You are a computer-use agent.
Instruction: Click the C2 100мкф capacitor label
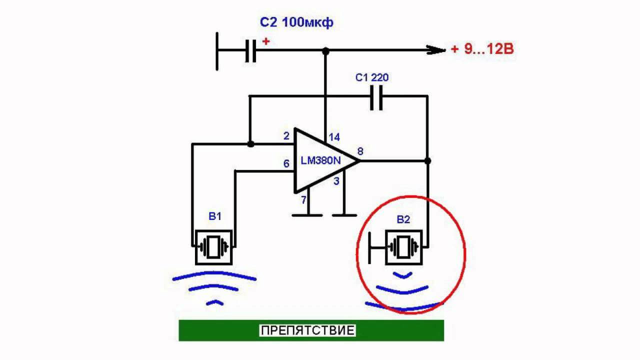[x=296, y=22]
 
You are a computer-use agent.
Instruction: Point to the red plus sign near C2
[x=265, y=41]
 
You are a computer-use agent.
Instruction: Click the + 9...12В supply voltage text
[x=482, y=49]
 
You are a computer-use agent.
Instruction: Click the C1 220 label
[x=372, y=77]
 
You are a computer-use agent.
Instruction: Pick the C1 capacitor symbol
[x=376, y=97]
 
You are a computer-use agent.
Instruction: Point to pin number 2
[x=286, y=136]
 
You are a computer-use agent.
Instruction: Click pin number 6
[x=286, y=163]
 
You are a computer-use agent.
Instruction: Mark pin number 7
[x=302, y=200]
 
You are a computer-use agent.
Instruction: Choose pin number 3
[x=336, y=181]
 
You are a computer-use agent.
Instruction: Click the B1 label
[x=214, y=216]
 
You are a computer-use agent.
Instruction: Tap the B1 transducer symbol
[x=214, y=247]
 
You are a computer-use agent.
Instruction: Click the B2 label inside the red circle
[x=403, y=219]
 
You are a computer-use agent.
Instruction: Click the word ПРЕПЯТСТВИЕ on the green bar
[x=308, y=330]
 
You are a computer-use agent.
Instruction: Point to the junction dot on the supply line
[x=325, y=50]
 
